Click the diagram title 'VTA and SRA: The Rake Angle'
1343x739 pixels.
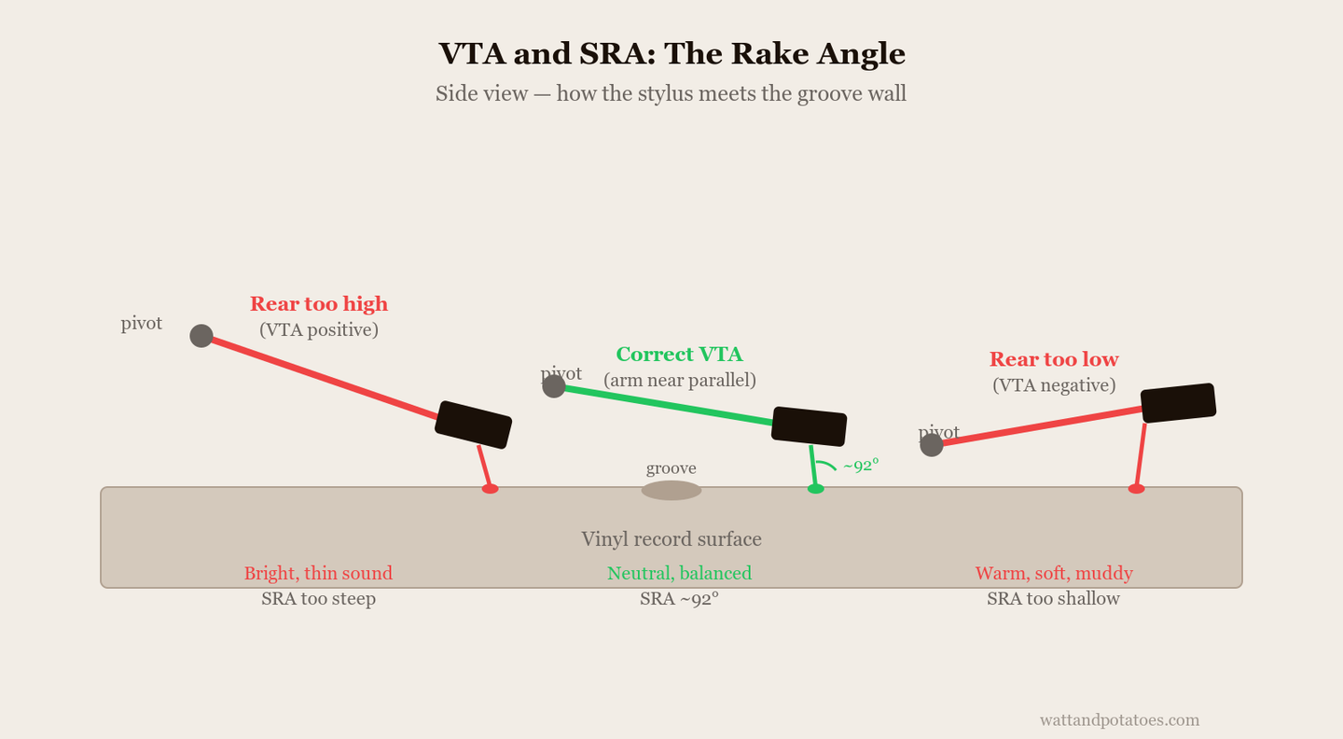671,54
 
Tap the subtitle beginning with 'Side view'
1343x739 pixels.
671,93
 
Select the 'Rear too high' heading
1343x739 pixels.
319,304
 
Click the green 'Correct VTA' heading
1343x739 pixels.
679,354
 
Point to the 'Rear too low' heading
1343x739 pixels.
1054,359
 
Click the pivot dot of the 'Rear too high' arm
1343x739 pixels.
201,336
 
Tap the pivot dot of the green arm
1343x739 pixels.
554,386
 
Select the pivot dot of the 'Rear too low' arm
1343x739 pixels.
932,445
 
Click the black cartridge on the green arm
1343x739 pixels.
809,426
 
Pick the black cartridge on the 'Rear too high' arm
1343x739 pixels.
473,425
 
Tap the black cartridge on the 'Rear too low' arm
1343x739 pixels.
1178,403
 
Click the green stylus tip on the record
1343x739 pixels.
815,489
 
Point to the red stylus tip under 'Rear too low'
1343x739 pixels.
1136,489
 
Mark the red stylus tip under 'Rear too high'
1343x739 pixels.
490,489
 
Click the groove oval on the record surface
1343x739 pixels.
671,490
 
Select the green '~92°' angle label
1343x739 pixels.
861,466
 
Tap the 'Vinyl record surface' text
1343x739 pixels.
671,538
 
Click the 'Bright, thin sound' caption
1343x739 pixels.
318,574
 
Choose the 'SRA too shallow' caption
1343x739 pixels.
1054,599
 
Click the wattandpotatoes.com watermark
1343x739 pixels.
1119,719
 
